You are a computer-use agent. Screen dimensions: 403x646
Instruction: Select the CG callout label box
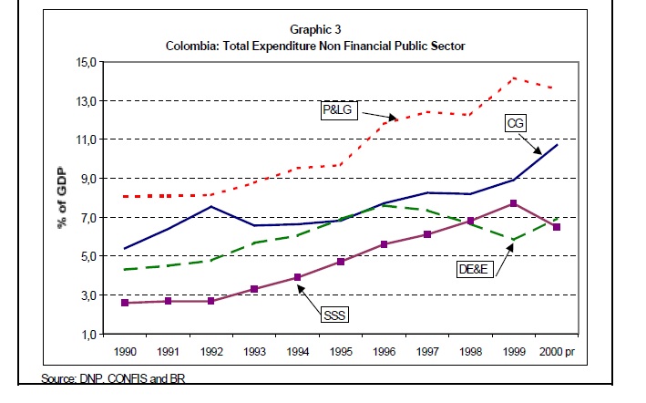[517, 122]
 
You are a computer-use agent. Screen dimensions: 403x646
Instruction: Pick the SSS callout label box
[334, 315]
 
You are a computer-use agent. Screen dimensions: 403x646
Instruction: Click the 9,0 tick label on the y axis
[91, 179]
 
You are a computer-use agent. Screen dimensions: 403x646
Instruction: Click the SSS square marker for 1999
[514, 203]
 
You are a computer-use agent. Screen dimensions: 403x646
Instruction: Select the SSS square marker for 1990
[125, 303]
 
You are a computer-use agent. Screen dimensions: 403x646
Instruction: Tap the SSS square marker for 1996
[384, 244]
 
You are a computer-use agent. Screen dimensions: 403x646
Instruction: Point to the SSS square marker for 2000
[557, 227]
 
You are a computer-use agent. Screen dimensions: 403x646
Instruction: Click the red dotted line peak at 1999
[514, 77]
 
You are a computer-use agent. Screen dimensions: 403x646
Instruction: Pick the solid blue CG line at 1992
[210, 207]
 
